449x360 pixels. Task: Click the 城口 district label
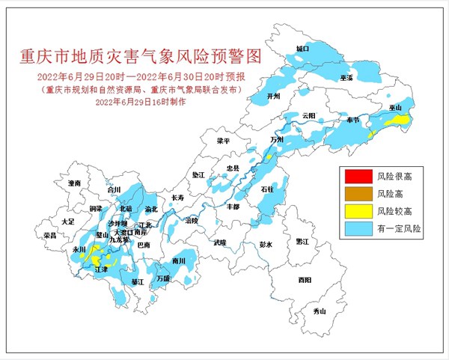(302, 49)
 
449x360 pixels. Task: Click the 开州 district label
(272, 97)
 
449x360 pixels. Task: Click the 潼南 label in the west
(73, 183)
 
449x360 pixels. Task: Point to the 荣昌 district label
(50, 235)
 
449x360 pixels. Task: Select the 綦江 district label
(137, 282)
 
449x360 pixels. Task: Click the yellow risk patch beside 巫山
(402, 120)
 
